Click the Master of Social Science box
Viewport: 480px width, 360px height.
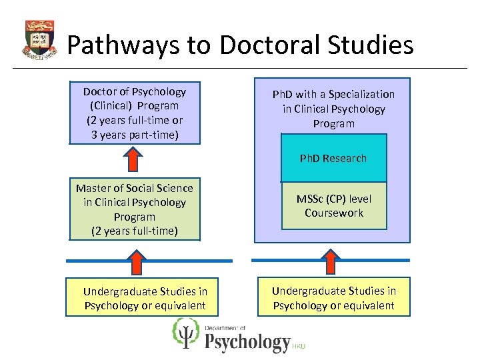pyautogui.click(x=135, y=209)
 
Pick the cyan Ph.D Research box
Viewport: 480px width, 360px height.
pyautogui.click(x=333, y=159)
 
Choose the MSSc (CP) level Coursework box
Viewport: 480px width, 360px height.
pyautogui.click(x=333, y=206)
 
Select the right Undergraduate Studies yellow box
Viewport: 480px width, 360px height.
pyautogui.click(x=333, y=298)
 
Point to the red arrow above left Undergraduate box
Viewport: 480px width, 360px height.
pyautogui.click(x=136, y=262)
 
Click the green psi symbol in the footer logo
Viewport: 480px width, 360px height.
pyautogui.click(x=186, y=333)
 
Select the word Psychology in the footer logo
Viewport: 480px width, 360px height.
pyautogui.click(x=247, y=343)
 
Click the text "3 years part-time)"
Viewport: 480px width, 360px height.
pyautogui.click(x=135, y=135)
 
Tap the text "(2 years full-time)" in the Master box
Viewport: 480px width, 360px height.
pyautogui.click(x=135, y=231)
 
